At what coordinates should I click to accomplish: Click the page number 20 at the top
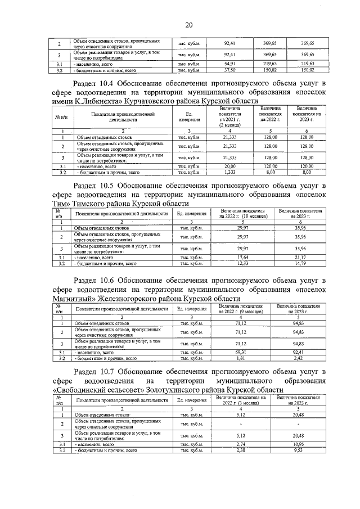click(x=189, y=24)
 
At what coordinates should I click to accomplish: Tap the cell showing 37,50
click(x=229, y=70)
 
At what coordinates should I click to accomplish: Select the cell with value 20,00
click(x=229, y=167)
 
